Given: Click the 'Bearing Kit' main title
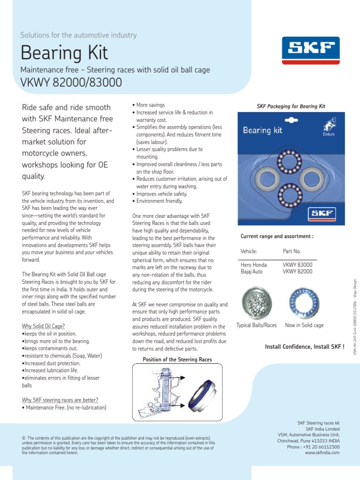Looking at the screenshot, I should (x=64, y=53).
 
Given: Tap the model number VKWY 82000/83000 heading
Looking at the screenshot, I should (x=71, y=82).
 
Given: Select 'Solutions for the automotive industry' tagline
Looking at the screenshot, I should (x=78, y=35).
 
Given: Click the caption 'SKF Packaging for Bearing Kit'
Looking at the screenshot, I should (x=291, y=106).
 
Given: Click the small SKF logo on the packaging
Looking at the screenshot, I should (x=321, y=214).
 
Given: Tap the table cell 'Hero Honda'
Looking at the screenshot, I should (x=254, y=265).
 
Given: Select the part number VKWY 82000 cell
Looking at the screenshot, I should (x=297, y=272).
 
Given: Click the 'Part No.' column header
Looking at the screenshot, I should (x=292, y=251).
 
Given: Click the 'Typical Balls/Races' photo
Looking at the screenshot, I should (x=256, y=302).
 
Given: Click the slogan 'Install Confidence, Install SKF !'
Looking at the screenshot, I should (x=305, y=347).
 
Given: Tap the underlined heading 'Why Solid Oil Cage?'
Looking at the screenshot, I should (x=44, y=326).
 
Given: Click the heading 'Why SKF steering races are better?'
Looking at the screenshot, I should (x=60, y=400).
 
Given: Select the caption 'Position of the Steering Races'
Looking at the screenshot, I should (x=177, y=360).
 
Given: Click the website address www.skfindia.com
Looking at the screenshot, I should (x=322, y=453).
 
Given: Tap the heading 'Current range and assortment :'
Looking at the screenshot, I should (x=277, y=236).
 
